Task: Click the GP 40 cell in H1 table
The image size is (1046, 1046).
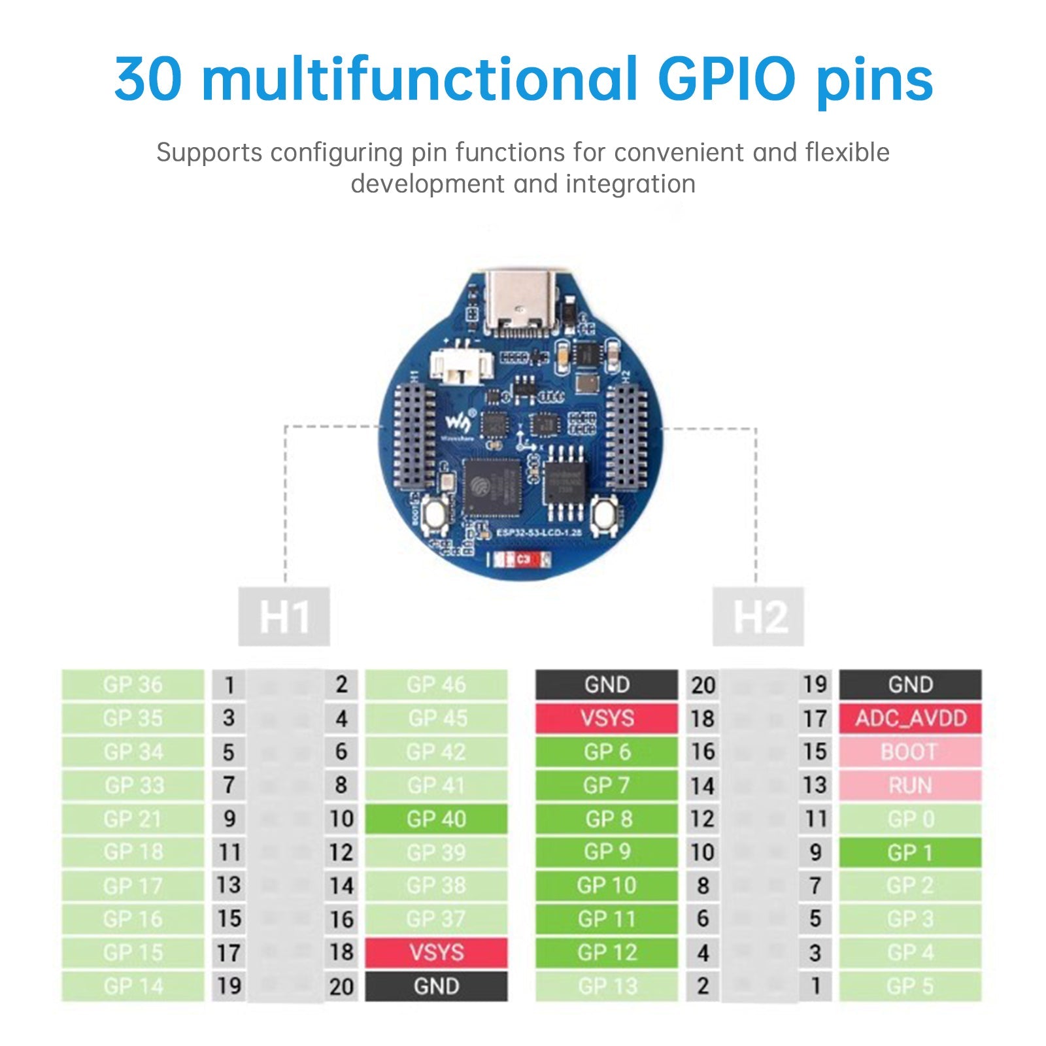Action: (435, 818)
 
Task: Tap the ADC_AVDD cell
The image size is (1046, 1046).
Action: (910, 718)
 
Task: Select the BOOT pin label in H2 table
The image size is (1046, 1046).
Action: (910, 752)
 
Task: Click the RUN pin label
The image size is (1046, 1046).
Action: (910, 785)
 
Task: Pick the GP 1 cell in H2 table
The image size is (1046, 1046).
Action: (910, 852)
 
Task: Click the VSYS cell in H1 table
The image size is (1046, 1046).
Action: (435, 953)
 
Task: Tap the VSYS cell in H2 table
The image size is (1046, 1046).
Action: (607, 718)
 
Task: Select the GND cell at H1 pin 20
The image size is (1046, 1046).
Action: (435, 986)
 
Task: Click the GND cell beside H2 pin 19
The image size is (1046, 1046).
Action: (910, 684)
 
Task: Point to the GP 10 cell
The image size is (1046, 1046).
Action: (607, 885)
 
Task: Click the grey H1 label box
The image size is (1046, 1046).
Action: (284, 616)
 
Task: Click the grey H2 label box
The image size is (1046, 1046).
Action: (758, 616)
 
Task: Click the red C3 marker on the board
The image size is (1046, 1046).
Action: (522, 560)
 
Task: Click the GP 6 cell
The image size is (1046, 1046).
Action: (607, 752)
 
